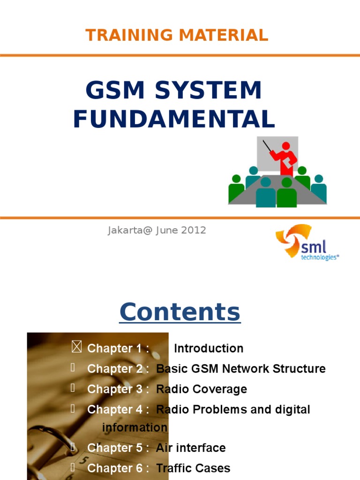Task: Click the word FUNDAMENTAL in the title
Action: point(174,119)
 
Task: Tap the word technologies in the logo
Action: point(319,257)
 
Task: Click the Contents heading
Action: point(180,312)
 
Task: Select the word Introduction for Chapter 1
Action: point(209,348)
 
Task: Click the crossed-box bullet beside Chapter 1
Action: point(77,347)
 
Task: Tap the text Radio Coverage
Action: point(201,389)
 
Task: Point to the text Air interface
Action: point(190,448)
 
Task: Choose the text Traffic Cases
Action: point(193,468)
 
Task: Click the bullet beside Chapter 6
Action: point(73,467)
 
